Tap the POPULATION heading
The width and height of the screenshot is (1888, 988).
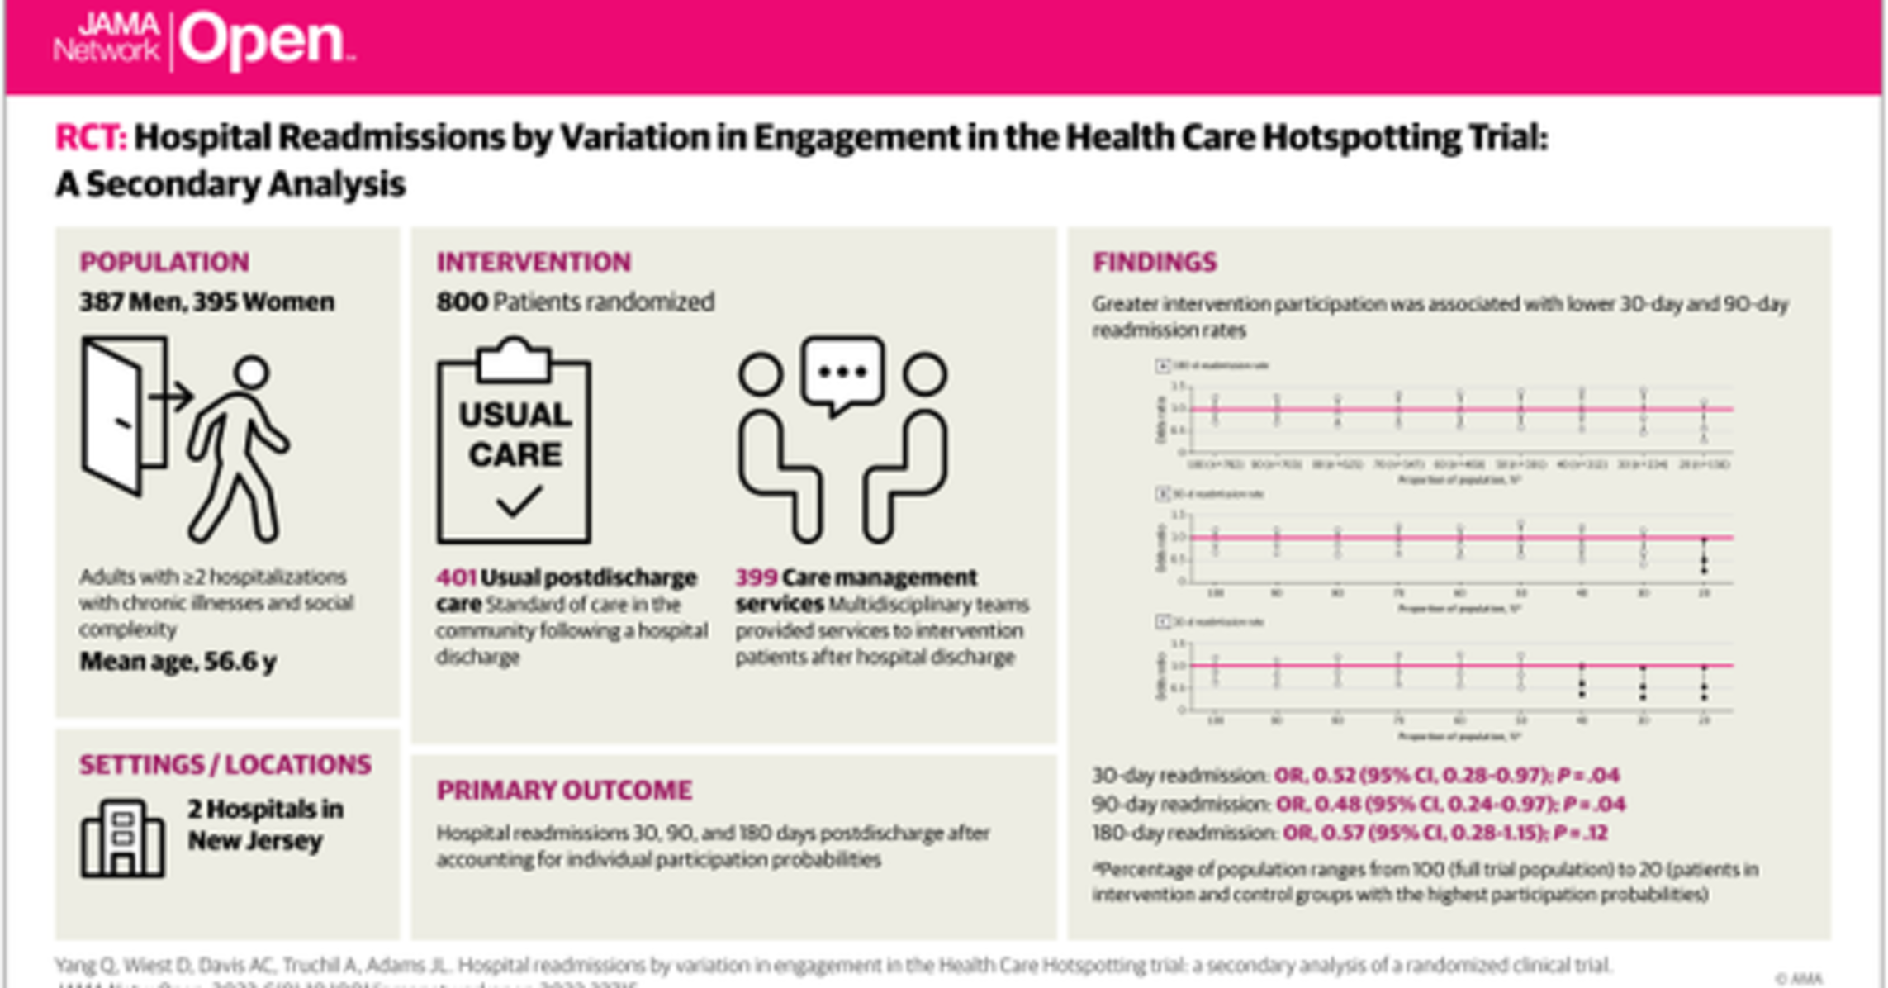[x=164, y=262]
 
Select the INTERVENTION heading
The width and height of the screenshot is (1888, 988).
[x=534, y=262]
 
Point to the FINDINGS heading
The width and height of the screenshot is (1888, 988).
[x=1154, y=262]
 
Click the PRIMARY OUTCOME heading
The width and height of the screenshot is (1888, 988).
[x=564, y=791]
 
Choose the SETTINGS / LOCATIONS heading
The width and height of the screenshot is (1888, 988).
[x=225, y=765]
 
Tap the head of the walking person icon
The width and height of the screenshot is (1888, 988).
[x=251, y=372]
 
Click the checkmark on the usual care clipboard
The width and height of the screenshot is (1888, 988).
[x=519, y=501]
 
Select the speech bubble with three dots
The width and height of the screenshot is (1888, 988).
[x=842, y=373]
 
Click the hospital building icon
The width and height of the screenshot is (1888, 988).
[x=122, y=838]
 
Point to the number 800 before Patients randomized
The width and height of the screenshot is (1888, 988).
[x=462, y=302]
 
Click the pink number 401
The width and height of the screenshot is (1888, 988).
[x=455, y=577]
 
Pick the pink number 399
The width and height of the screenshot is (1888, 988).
[x=756, y=577]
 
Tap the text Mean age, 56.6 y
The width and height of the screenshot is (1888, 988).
[x=178, y=662]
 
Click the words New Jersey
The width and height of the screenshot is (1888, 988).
[x=254, y=841]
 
